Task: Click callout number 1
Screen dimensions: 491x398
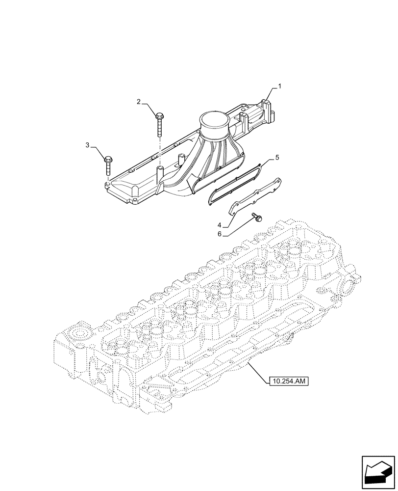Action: [x=279, y=87]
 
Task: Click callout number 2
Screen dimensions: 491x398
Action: [x=139, y=102]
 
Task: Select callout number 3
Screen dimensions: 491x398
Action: [x=88, y=145]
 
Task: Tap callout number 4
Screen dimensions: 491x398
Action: [x=220, y=225]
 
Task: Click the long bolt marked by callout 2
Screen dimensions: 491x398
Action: [x=160, y=126]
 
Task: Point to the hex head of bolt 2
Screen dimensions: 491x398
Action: [x=160, y=116]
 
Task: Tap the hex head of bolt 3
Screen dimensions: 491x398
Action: [x=108, y=158]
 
